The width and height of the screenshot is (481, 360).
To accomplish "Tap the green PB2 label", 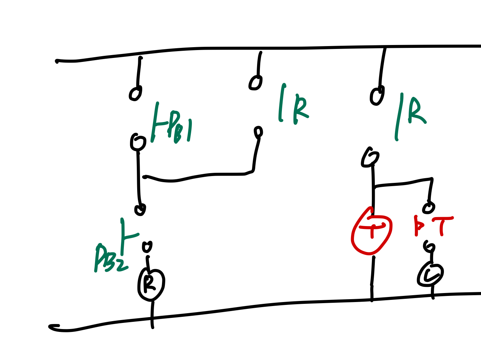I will click(x=110, y=258).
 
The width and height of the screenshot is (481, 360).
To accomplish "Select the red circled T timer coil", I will click(x=372, y=231).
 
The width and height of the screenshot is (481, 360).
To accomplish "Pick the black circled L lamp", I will click(x=430, y=275).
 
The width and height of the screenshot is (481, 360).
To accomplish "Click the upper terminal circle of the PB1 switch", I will click(x=135, y=93).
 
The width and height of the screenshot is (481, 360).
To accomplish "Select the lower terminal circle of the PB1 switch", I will click(x=138, y=142).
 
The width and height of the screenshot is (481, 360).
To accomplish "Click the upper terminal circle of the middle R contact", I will click(x=255, y=82).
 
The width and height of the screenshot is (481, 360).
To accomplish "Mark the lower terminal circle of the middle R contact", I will click(x=258, y=132).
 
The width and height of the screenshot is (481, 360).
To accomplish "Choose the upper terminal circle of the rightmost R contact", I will click(x=377, y=96).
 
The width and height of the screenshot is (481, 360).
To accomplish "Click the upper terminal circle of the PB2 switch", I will click(x=140, y=209).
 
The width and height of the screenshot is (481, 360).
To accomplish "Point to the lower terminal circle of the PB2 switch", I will click(x=147, y=247).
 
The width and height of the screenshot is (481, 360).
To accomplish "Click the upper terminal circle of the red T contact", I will click(x=428, y=207).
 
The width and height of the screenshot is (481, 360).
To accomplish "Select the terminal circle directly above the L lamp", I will click(x=430, y=247).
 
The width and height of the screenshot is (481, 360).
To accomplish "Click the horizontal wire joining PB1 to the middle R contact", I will click(x=198, y=176).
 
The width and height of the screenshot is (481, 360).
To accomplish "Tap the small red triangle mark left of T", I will click(x=418, y=225).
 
